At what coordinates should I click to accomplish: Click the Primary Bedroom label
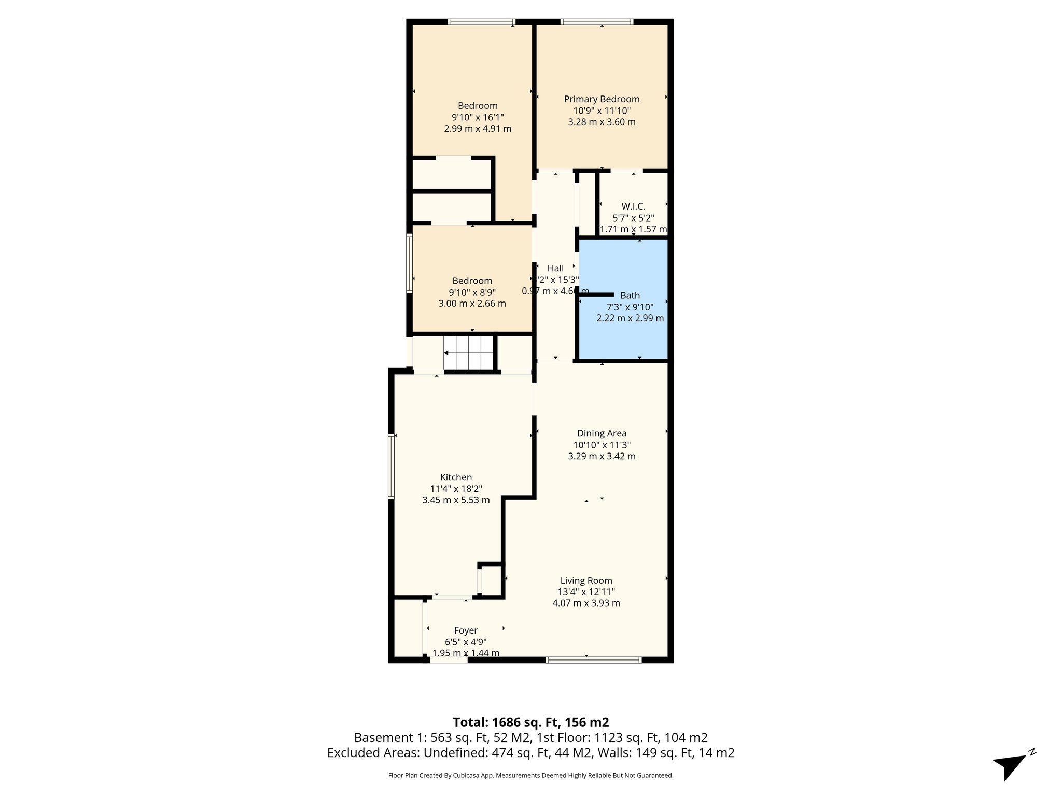[x=602, y=99]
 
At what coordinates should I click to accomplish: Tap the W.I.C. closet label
[x=633, y=207]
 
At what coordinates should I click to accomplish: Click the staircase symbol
[x=469, y=353]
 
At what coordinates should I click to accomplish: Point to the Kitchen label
[x=456, y=477]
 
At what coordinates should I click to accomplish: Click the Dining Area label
[x=602, y=433]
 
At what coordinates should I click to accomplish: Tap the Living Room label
[x=586, y=581]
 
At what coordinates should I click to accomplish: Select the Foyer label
[x=465, y=630]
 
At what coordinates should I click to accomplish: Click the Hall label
[x=555, y=268]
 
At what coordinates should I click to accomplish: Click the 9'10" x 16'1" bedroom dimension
[x=478, y=117]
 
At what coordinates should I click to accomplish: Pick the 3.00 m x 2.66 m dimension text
[x=472, y=304]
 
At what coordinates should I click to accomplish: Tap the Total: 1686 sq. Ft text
[x=530, y=722]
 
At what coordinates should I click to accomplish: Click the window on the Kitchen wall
[x=392, y=466]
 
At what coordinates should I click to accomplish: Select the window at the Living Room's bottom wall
[x=593, y=659]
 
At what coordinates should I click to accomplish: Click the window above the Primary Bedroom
[x=597, y=22]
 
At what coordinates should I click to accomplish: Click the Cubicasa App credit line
[x=530, y=775]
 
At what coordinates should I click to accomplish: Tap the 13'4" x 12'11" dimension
[x=586, y=592]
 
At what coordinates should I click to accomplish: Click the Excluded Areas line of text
[x=530, y=753]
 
